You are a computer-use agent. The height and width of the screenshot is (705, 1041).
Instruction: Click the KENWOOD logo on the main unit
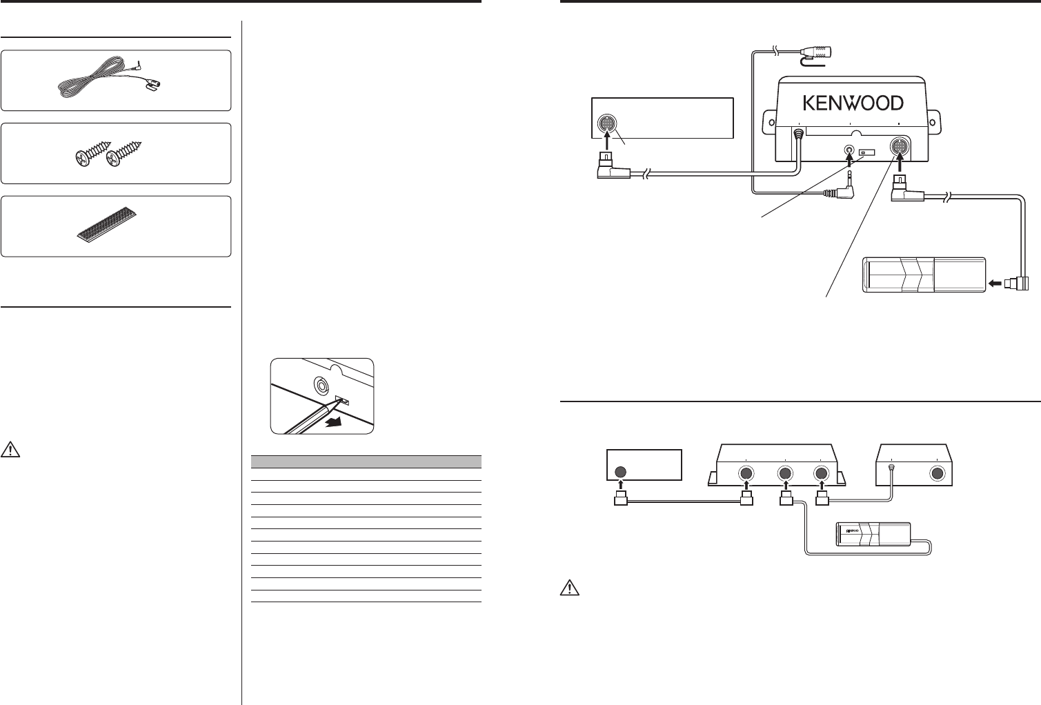point(853,103)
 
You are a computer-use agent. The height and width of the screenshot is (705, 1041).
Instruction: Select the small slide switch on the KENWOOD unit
point(866,150)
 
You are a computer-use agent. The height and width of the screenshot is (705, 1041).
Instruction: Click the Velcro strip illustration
point(105,226)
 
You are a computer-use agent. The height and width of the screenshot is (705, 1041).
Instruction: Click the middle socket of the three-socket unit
point(784,474)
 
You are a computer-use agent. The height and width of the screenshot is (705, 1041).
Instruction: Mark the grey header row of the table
point(366,462)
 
